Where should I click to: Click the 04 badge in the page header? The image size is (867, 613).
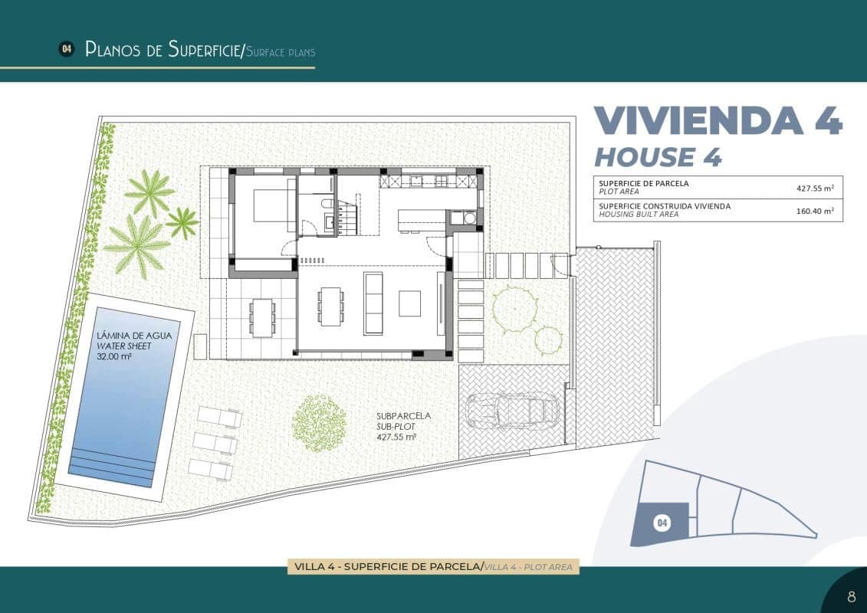[x=67, y=49]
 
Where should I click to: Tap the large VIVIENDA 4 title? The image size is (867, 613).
[x=718, y=120]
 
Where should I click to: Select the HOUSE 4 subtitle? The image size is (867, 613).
[x=658, y=157]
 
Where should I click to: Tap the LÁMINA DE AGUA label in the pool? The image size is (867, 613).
[x=134, y=336]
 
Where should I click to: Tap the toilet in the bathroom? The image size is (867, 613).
[x=326, y=204]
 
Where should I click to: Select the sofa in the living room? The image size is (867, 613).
[x=373, y=303]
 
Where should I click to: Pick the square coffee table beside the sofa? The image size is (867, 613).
[x=409, y=303]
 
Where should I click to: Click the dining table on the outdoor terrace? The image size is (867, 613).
[x=263, y=316]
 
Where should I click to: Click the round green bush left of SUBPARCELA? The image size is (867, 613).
[x=319, y=422]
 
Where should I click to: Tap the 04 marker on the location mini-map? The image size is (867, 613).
[x=662, y=523]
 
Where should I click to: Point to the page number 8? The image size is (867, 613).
[x=851, y=596]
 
